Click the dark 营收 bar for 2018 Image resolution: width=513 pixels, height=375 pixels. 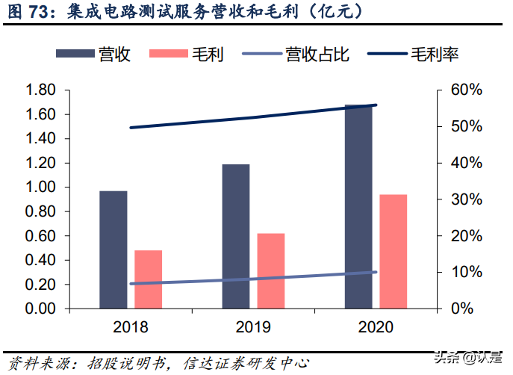click(114, 250)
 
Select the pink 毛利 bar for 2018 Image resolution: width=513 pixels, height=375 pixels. click(148, 279)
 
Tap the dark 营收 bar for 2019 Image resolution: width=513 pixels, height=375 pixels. click(236, 236)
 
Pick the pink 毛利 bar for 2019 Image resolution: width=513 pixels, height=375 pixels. click(270, 270)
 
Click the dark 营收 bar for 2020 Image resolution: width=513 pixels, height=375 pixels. click(358, 206)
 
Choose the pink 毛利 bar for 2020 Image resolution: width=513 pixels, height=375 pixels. click(393, 251)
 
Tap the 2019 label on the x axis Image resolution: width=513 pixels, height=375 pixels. click(253, 327)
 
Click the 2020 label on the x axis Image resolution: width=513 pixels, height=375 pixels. click(376, 327)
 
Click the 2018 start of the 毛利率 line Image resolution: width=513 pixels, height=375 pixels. click(131, 128)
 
